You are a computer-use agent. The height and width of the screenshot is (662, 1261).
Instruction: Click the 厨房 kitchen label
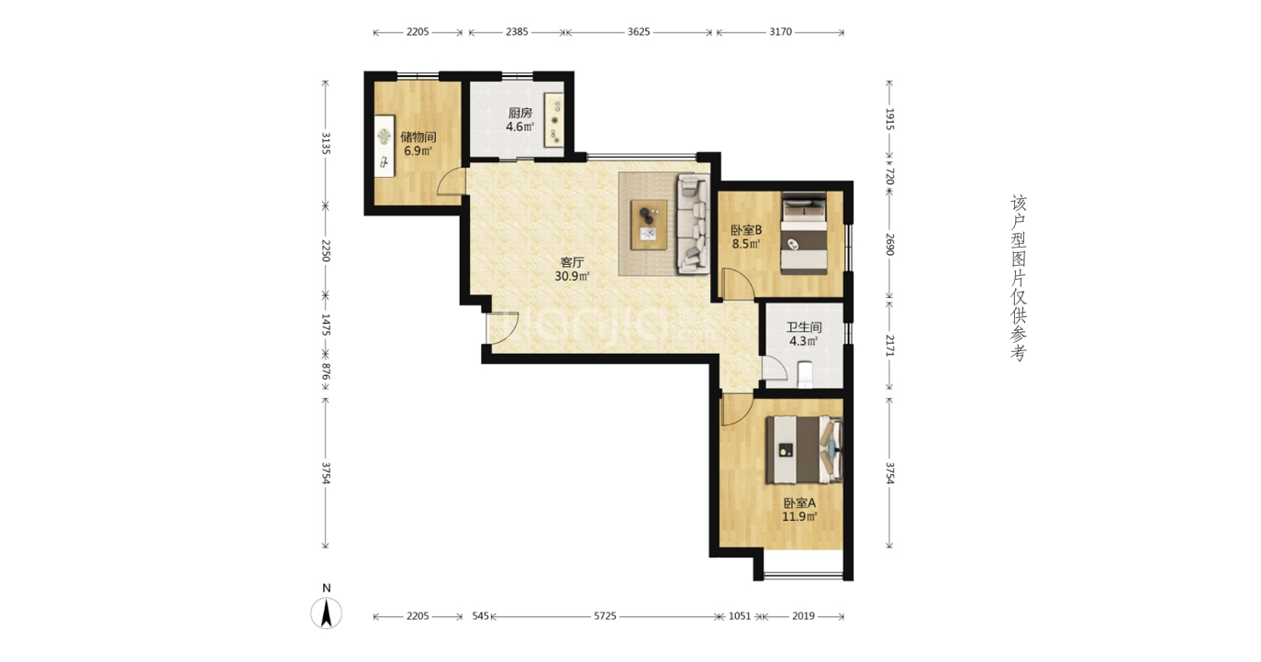pos(519,113)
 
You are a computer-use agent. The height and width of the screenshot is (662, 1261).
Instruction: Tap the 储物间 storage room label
pos(418,137)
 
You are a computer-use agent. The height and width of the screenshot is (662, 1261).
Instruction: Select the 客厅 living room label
pos(572,262)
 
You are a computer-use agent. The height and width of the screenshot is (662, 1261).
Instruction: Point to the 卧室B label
pos(746,230)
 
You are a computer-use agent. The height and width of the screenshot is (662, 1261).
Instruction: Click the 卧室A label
pos(799,502)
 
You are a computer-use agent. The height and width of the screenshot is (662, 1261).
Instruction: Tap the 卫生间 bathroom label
pos(804,327)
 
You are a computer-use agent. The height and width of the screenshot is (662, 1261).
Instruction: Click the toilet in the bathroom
pos(806,374)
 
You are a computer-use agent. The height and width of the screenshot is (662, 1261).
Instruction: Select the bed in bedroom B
pos(803,233)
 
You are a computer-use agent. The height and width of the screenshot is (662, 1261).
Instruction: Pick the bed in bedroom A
pos(804,450)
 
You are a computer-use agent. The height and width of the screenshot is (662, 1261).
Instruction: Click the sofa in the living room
pos(693,224)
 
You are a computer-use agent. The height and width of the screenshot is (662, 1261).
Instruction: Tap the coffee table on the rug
pos(649,225)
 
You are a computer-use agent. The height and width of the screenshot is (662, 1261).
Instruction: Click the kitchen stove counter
pos(554,120)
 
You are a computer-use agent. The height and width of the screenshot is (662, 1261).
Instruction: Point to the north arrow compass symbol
pos(326,612)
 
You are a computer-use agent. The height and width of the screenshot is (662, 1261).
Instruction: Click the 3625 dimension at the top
pos(639,32)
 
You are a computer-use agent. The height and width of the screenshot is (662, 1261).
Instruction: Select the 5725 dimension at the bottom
pos(605,616)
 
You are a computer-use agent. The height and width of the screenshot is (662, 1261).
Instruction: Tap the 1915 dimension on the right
pos(889,119)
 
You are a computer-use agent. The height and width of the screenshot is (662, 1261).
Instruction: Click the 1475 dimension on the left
pos(326,325)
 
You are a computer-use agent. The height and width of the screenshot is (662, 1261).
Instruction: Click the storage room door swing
pos(452,182)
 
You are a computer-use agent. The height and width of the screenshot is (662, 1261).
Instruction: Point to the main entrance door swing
pos(503,327)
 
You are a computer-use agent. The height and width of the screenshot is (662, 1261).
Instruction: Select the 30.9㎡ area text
pos(572,276)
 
